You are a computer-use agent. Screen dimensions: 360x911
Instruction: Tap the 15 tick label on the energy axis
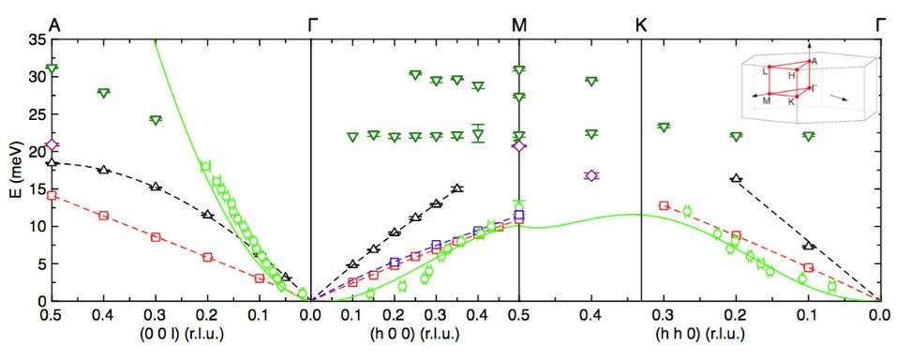tap(34, 188)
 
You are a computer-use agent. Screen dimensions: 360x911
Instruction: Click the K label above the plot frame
tap(641, 24)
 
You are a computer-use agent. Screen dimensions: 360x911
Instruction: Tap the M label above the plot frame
tap(519, 24)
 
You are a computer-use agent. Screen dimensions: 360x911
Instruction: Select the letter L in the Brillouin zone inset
tap(766, 70)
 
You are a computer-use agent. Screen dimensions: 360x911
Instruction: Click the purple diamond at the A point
tap(52, 144)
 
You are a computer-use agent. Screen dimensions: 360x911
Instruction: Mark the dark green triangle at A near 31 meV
tap(52, 69)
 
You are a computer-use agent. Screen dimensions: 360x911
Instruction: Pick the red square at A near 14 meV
tap(52, 195)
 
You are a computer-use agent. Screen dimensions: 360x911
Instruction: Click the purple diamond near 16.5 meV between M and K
tap(591, 175)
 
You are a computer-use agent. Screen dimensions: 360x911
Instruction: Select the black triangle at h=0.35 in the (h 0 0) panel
tap(457, 188)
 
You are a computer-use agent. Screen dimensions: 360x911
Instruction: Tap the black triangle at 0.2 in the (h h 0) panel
tap(736, 177)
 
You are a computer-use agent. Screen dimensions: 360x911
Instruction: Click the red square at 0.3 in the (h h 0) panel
tap(664, 205)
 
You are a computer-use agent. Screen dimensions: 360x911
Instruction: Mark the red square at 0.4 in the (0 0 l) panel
tap(104, 216)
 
